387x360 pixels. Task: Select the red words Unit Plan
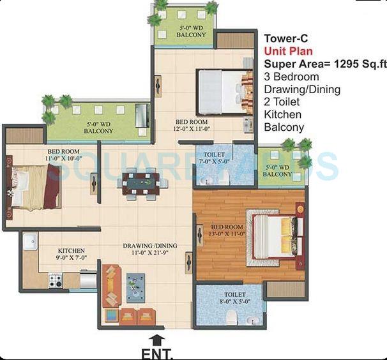click(288, 51)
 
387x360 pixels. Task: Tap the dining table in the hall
click(140, 183)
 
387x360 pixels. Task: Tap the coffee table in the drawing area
click(135, 287)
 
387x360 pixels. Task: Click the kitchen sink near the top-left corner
click(29, 241)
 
